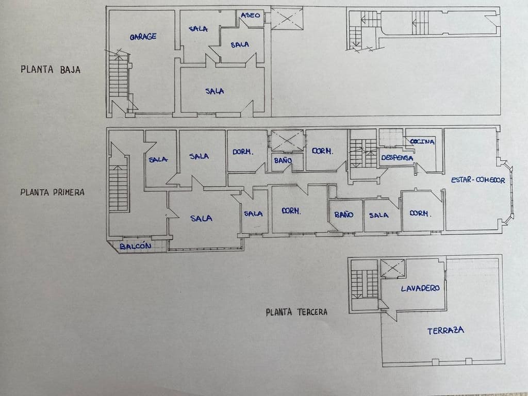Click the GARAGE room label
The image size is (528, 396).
[x=143, y=37]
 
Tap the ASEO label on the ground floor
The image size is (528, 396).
[x=251, y=15]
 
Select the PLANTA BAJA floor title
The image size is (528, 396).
[x=51, y=70]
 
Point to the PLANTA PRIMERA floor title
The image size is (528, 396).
[x=52, y=192]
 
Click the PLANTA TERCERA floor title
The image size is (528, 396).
[x=296, y=312]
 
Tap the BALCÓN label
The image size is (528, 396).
[x=135, y=246]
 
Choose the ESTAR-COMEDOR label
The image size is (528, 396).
[x=477, y=180]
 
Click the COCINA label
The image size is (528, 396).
[x=422, y=142]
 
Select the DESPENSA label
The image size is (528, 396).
[x=397, y=158]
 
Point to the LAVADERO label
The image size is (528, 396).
[x=420, y=288]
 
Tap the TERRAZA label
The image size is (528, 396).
[x=445, y=331]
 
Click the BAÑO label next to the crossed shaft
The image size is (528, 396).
[x=283, y=161]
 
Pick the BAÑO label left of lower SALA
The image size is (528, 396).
[x=344, y=214]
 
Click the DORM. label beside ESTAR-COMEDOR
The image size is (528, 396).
[x=420, y=213]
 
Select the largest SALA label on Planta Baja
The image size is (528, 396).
[x=214, y=91]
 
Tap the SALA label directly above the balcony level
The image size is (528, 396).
[x=201, y=218]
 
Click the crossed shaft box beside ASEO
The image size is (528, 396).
[x=287, y=18]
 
